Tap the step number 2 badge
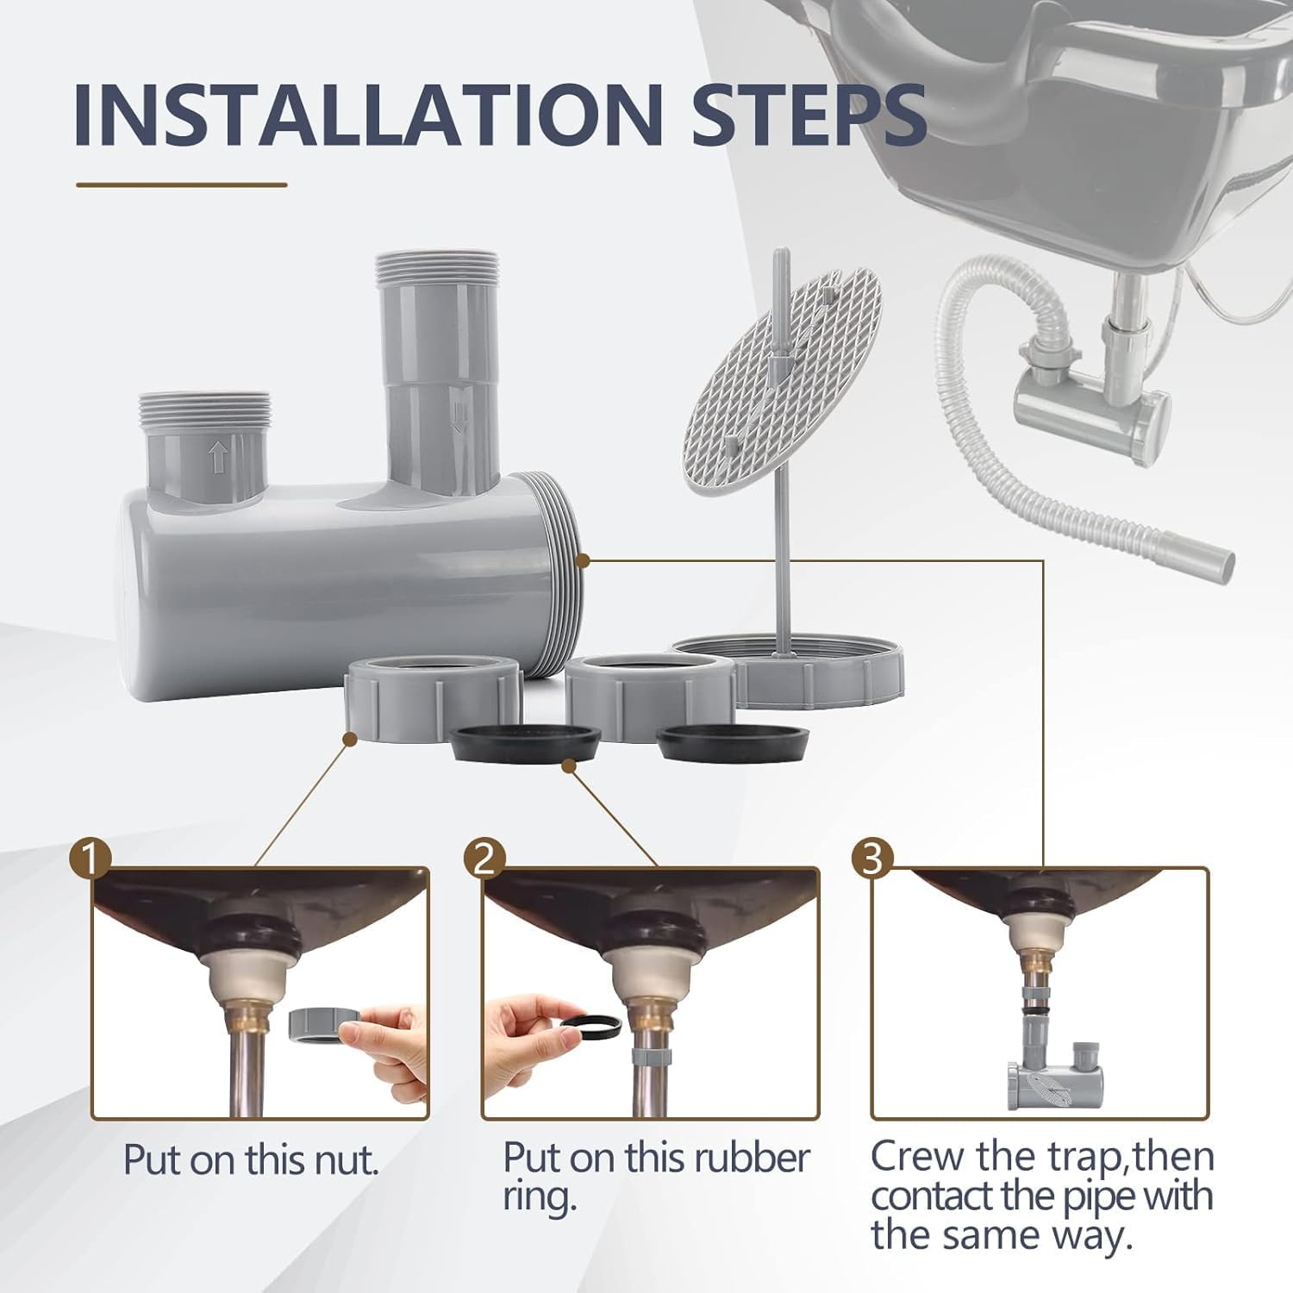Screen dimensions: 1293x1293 coord(484,859)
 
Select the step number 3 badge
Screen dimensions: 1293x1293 coord(872,859)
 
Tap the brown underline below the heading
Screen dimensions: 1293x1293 coord(181,184)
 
